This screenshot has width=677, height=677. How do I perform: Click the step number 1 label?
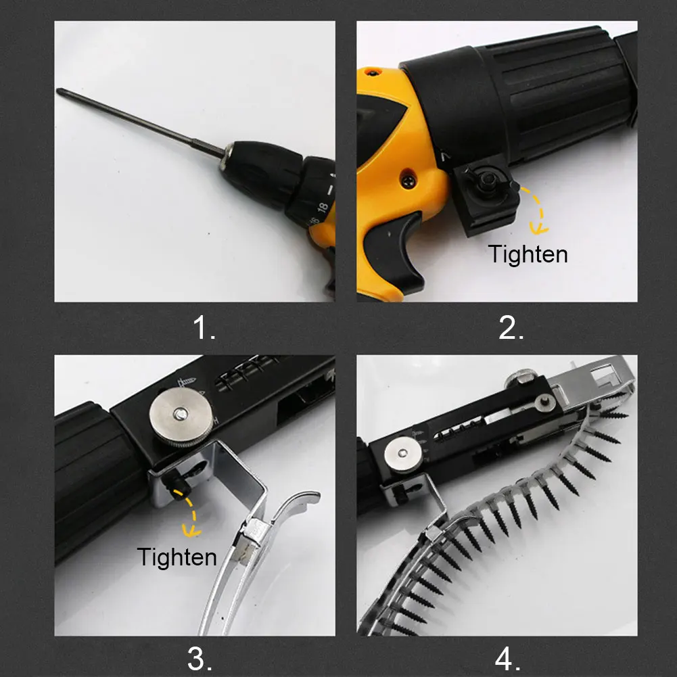tap(204, 327)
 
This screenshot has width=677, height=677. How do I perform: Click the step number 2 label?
tap(511, 327)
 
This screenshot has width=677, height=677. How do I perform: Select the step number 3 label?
tap(200, 659)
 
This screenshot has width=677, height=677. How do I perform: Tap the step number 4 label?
tap(508, 659)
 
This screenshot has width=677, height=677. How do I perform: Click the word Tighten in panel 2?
tap(528, 254)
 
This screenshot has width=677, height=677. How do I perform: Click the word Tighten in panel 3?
tap(177, 557)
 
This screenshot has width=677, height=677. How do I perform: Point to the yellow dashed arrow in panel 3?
tap(191, 514)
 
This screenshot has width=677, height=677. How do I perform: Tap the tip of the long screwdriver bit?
tap(58, 90)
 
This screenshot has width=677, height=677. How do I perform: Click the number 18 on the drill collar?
tap(323, 207)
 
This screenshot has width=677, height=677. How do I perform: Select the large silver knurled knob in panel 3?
tap(181, 417)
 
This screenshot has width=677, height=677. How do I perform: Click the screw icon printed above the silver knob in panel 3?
tap(187, 381)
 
